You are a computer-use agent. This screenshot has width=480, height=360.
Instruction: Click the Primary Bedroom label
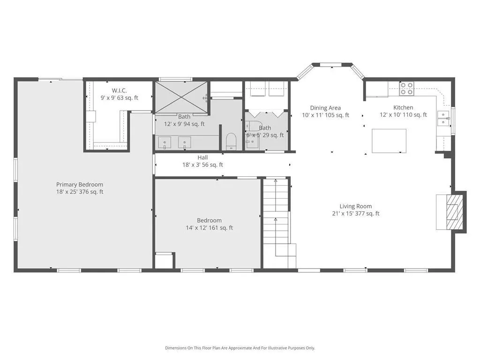pos(80,185)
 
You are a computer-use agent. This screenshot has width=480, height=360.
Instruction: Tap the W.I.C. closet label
pos(119,90)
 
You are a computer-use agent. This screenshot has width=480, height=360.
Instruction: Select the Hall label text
pos(202,157)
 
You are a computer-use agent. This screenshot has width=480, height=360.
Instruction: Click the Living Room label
pos(356,206)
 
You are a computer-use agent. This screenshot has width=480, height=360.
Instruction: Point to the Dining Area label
pos(325,108)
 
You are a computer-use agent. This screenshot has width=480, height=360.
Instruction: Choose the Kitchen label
pos(403,107)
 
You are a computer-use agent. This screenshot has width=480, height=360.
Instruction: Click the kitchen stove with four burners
pos(407,89)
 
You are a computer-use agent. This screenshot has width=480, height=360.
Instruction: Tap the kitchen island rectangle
pos(389,141)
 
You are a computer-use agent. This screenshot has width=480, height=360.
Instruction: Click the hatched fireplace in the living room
pos(452,212)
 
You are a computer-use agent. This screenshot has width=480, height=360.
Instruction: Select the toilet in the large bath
pos(231,142)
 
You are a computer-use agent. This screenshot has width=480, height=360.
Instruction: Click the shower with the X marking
pos(181,97)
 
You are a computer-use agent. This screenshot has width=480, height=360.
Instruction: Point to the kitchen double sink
pos(443,119)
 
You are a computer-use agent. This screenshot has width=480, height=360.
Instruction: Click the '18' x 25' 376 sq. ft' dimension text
pos(80,192)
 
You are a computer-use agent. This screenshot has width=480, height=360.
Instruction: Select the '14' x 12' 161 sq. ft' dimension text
pos(210,228)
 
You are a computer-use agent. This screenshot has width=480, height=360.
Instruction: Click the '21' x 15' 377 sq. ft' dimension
pos(356,214)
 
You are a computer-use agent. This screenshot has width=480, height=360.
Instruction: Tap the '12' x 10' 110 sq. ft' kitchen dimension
pos(403,115)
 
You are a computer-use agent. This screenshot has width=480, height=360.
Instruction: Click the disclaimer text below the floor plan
pos(240,348)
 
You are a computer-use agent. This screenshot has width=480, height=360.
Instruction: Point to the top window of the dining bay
pos(332,65)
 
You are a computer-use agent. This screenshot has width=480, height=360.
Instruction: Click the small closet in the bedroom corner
pos(164,261)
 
